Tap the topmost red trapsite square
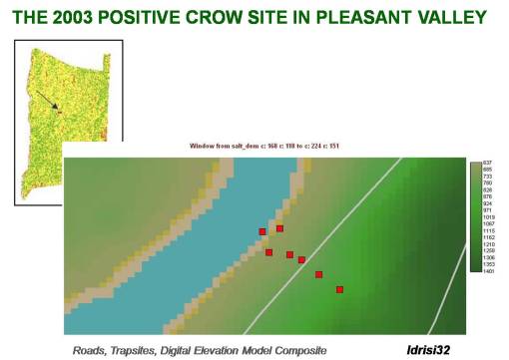[x=280, y=228]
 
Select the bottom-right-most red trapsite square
[x=339, y=289]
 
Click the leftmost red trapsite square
[x=262, y=231]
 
